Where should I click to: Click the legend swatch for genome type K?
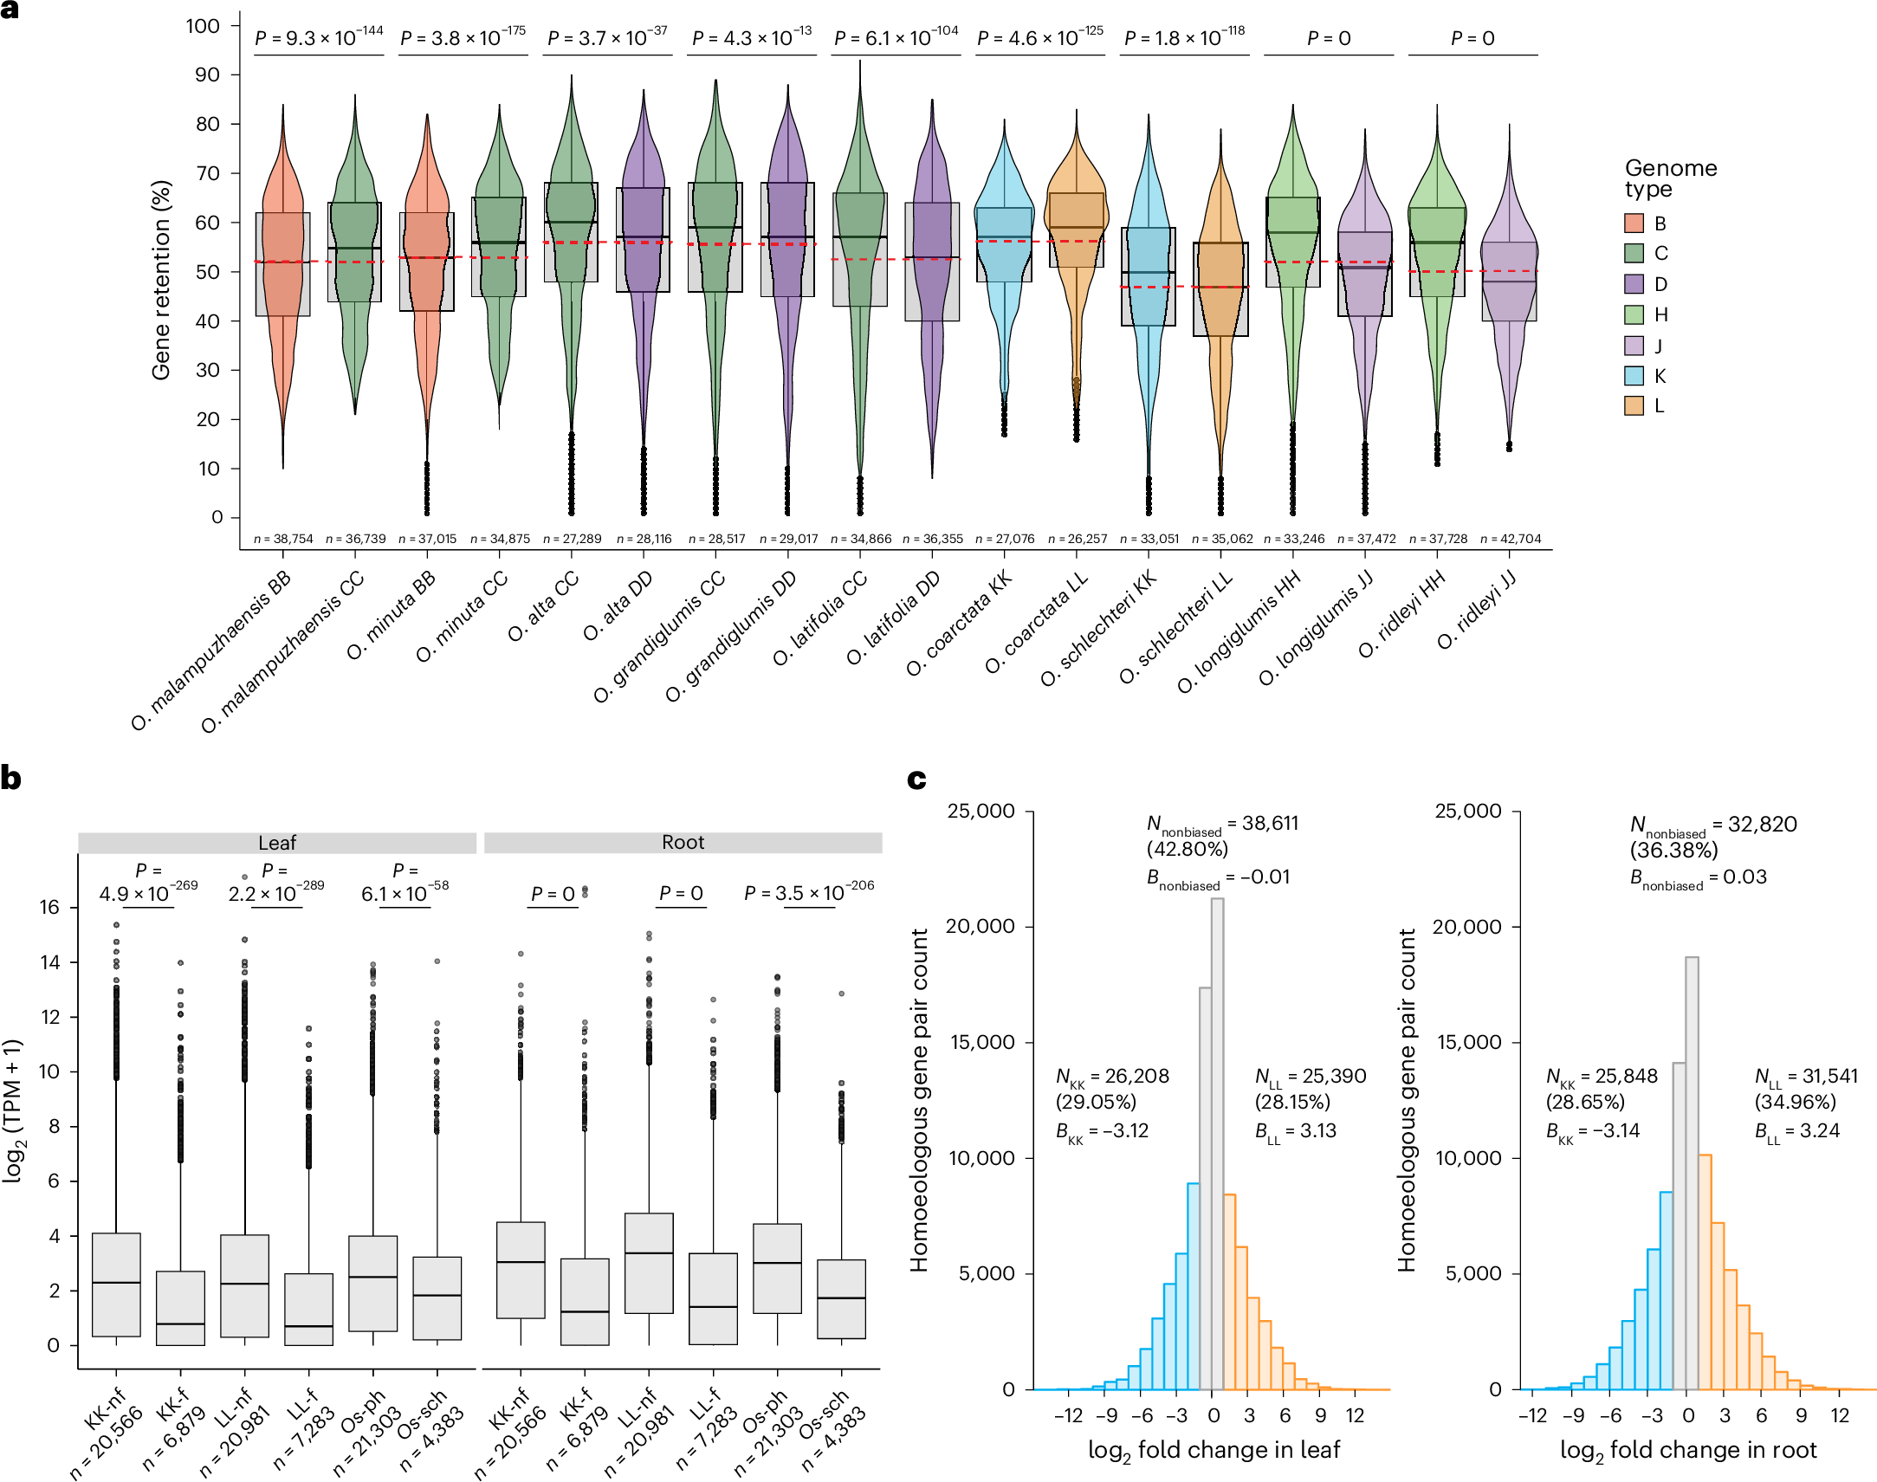coord(1634,376)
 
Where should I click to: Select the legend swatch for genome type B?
coord(1634,223)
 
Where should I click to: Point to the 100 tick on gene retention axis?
coord(203,26)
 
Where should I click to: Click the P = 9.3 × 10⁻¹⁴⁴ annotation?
coord(319,37)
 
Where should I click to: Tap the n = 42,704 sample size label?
coord(1511,539)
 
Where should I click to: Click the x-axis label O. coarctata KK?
coord(959,624)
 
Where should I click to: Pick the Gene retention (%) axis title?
coord(161,280)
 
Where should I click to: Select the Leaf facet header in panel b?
coord(277,843)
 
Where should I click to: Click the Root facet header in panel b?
coord(683,843)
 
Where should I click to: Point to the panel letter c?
coord(916,779)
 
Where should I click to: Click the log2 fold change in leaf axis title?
coord(1214,1450)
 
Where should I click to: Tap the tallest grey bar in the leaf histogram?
coord(1218,1128)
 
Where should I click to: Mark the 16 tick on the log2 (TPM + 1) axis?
coord(49,908)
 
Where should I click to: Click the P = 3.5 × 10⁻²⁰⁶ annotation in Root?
coord(809,893)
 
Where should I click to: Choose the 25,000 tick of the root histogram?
coord(1467,812)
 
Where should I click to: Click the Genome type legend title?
coord(1670,178)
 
